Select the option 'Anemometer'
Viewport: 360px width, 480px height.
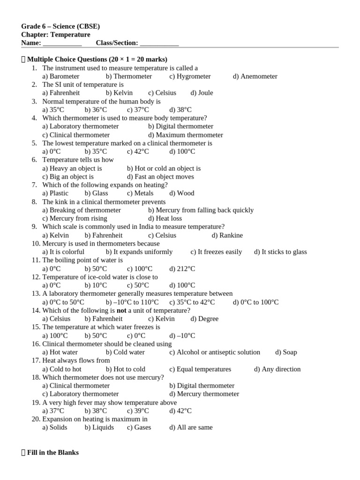(x=255, y=76)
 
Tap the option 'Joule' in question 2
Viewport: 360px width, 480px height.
(x=202, y=93)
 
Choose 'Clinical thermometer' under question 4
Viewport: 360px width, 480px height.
(x=76, y=135)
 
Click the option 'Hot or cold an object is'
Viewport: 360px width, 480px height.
(x=164, y=168)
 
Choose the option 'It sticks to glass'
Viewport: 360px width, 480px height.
(x=280, y=252)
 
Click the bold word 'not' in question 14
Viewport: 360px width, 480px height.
(x=122, y=310)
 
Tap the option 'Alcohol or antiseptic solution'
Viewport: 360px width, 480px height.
(x=215, y=352)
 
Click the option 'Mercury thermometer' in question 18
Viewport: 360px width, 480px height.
(x=204, y=394)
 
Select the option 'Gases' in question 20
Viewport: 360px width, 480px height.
(x=139, y=427)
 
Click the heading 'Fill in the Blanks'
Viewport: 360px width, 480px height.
(x=53, y=453)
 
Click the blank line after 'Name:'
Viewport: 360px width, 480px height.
(x=62, y=43)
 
